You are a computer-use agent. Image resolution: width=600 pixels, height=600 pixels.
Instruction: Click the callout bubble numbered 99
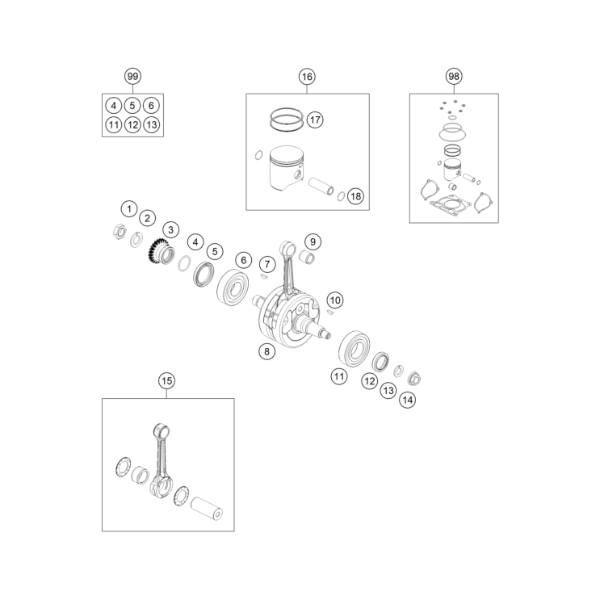pyautogui.click(x=132, y=76)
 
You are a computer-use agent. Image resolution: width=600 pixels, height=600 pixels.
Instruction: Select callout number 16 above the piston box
pyautogui.click(x=307, y=77)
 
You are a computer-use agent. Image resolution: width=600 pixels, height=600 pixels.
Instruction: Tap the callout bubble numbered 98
pyautogui.click(x=454, y=76)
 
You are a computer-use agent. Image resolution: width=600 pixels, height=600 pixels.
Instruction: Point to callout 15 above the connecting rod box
pyautogui.click(x=166, y=380)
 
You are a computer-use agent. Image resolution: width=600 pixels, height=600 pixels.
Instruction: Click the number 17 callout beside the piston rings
pyautogui.click(x=315, y=120)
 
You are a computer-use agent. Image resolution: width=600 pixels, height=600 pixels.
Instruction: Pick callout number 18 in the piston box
pyautogui.click(x=355, y=196)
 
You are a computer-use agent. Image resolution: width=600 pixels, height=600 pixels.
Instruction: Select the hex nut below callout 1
pyautogui.click(x=120, y=231)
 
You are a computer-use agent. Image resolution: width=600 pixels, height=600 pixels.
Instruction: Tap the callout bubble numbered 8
pyautogui.click(x=266, y=351)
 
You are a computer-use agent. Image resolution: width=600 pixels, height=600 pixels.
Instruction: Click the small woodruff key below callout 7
pyautogui.click(x=264, y=276)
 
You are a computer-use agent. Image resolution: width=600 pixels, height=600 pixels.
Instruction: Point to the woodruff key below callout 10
pyautogui.click(x=331, y=313)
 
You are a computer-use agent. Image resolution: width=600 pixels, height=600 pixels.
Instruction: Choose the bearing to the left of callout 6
pyautogui.click(x=233, y=286)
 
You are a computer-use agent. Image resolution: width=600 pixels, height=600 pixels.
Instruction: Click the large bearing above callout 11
pyautogui.click(x=355, y=348)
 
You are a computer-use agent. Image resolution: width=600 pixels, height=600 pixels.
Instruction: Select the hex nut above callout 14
pyautogui.click(x=414, y=378)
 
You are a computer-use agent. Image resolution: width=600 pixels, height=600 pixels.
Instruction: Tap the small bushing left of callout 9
pyautogui.click(x=308, y=256)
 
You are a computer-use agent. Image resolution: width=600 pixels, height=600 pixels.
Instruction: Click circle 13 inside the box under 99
pyautogui.click(x=152, y=124)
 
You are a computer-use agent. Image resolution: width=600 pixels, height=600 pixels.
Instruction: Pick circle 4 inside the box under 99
pyautogui.click(x=113, y=106)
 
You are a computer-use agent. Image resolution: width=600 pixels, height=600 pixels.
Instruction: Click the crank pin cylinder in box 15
pyautogui.click(x=207, y=508)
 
